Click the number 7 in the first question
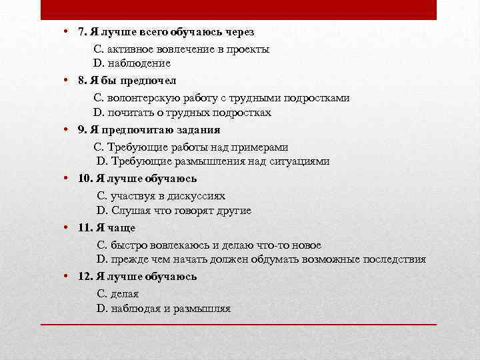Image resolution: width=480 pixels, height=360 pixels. [x=81, y=32]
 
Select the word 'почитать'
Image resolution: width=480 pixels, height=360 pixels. [x=129, y=113]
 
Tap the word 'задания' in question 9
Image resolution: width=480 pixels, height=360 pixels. [x=199, y=129]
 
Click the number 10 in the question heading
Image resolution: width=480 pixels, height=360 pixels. [x=84, y=179]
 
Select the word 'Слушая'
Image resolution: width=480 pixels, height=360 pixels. [x=125, y=211]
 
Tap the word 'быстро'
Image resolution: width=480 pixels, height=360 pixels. [x=125, y=244]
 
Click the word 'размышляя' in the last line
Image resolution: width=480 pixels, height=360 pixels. [x=203, y=309]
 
